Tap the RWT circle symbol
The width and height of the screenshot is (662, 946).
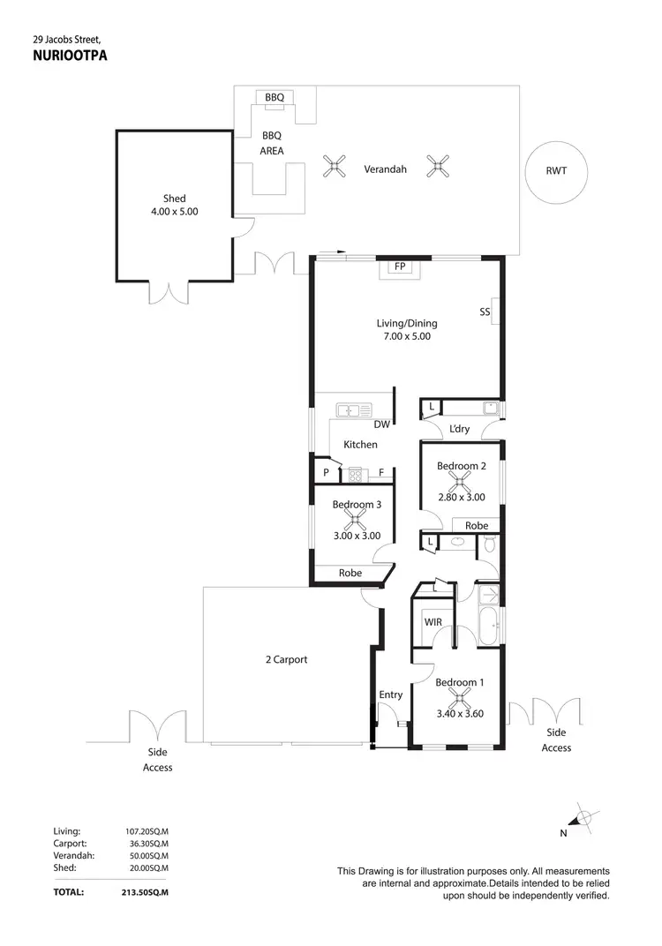tap(556, 171)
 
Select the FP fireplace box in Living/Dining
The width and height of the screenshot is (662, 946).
tap(399, 265)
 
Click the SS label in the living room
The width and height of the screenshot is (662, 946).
tap(485, 312)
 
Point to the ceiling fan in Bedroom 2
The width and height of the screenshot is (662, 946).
tap(459, 481)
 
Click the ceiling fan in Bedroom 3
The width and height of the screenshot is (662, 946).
tap(356, 520)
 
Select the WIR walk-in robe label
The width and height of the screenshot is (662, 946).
tap(433, 622)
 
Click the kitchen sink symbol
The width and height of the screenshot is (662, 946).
tap(356, 409)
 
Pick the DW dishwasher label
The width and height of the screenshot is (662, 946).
tap(381, 424)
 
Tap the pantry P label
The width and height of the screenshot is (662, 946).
tap(326, 473)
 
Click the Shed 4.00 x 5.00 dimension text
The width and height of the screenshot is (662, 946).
tap(175, 212)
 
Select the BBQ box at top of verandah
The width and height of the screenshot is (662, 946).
tap(275, 97)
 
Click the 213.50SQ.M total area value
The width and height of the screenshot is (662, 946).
tap(147, 892)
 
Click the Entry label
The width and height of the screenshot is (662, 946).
tap(390, 694)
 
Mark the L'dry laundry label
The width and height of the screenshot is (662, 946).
tap(459, 429)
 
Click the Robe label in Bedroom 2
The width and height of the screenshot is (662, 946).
tap(476, 526)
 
